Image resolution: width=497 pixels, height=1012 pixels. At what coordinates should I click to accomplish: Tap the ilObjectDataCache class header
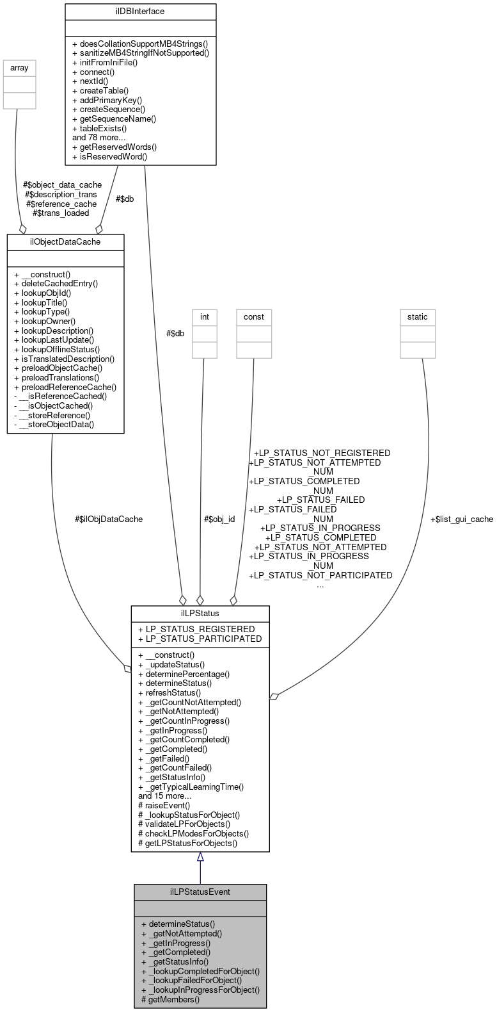point(65,241)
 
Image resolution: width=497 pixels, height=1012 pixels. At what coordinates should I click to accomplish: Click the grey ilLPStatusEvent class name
point(200,892)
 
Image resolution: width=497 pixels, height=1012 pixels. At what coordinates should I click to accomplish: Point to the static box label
point(418,316)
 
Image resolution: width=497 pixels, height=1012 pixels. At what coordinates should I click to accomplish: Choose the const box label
point(253,316)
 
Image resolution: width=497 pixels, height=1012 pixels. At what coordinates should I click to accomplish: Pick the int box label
point(205,316)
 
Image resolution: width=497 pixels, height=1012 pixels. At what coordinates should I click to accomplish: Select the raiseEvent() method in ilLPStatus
point(164,805)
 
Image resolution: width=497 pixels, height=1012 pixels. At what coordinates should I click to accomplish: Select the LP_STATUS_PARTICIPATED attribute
point(200,639)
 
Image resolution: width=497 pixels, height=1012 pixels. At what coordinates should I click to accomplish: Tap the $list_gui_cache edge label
point(461,519)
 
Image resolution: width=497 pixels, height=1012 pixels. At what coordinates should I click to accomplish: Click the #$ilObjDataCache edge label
point(109,519)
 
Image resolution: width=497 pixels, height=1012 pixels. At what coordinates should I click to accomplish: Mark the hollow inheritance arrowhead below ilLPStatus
point(200,857)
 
